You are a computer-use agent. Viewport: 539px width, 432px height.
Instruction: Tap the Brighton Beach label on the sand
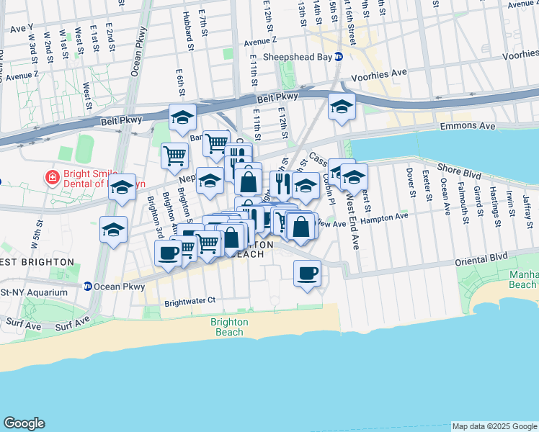coord(230,327)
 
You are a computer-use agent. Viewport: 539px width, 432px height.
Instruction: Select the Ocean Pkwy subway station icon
coord(88,286)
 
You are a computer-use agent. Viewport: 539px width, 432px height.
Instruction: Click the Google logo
coord(24,423)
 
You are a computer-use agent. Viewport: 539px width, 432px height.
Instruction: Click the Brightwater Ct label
coord(190,302)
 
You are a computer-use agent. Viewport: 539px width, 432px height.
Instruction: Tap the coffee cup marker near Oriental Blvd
coord(308,273)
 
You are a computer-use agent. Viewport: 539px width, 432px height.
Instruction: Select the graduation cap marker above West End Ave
coord(354,176)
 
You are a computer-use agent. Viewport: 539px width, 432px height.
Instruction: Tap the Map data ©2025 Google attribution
coord(494,426)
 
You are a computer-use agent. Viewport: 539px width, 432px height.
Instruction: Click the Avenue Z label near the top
coord(260,41)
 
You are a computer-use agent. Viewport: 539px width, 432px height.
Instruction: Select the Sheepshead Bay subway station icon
coord(338,56)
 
